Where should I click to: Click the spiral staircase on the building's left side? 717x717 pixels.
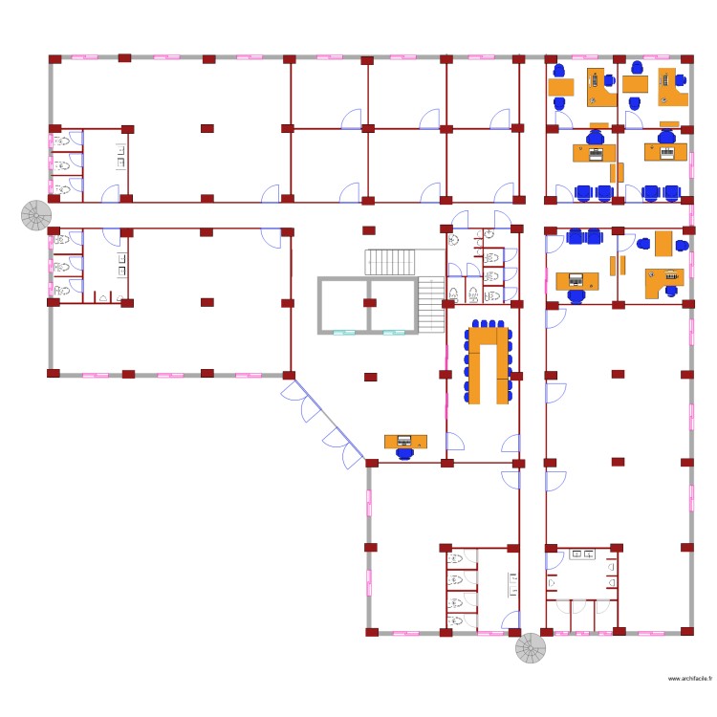[37, 216]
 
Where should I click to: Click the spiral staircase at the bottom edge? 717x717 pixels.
[531, 649]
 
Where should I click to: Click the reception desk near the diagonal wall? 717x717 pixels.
[405, 441]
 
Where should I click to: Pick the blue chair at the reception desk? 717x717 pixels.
[405, 454]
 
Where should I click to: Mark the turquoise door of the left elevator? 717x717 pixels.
[343, 333]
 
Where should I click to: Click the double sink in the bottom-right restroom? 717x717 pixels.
[580, 554]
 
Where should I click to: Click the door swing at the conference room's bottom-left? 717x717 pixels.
[456, 442]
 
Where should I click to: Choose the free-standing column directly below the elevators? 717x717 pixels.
[367, 377]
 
